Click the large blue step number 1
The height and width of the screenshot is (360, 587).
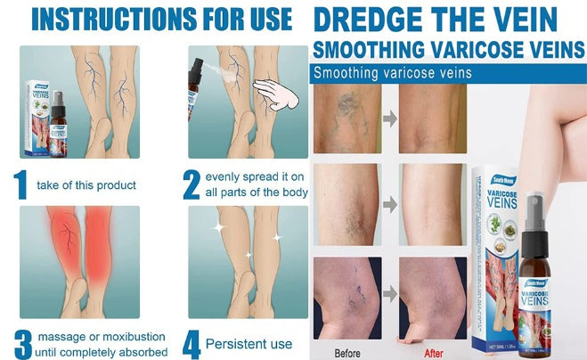click(20, 184)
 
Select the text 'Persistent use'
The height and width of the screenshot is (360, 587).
click(250, 344)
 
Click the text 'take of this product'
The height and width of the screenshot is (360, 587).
click(86, 185)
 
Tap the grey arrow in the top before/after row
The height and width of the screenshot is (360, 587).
click(388, 117)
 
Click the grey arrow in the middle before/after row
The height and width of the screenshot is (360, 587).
click(388, 205)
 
